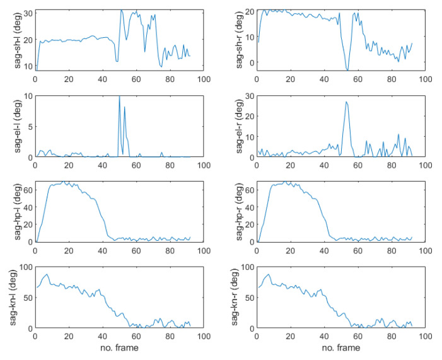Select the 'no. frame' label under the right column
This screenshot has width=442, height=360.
pyautogui.click(x=341, y=347)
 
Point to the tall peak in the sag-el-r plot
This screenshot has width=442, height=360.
pyautogui.click(x=346, y=102)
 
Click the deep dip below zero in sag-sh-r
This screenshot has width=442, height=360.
pyautogui.click(x=347, y=69)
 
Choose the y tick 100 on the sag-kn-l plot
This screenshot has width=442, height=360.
pyautogui.click(x=24, y=267)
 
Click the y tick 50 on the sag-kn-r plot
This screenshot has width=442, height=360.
pyautogui.click(x=248, y=298)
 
